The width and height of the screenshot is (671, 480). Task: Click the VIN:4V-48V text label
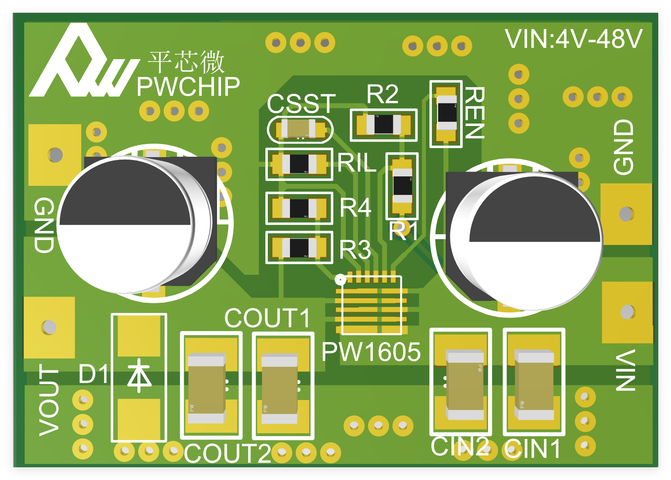click(573, 39)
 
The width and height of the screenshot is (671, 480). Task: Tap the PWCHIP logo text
click(188, 87)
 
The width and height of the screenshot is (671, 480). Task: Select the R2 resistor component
click(383, 124)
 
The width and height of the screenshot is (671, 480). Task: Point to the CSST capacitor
click(301, 129)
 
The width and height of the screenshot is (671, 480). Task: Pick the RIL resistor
click(299, 164)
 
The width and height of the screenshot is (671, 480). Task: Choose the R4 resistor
click(299, 208)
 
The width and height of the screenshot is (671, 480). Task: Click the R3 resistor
click(299, 247)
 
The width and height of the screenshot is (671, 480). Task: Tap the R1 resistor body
click(402, 186)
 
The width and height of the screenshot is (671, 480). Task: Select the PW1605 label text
click(371, 352)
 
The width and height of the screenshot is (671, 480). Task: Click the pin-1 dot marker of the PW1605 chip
click(340, 280)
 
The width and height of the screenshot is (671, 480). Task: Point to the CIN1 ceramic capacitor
click(534, 384)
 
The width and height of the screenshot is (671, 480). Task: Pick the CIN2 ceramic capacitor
click(465, 384)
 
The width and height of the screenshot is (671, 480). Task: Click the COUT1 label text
click(267, 318)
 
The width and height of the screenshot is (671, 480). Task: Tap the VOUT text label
click(49, 400)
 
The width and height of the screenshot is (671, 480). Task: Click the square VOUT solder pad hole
click(49, 327)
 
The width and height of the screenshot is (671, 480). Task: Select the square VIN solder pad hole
click(627, 312)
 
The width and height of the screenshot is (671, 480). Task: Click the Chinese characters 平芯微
click(186, 62)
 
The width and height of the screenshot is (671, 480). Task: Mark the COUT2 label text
click(227, 453)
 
